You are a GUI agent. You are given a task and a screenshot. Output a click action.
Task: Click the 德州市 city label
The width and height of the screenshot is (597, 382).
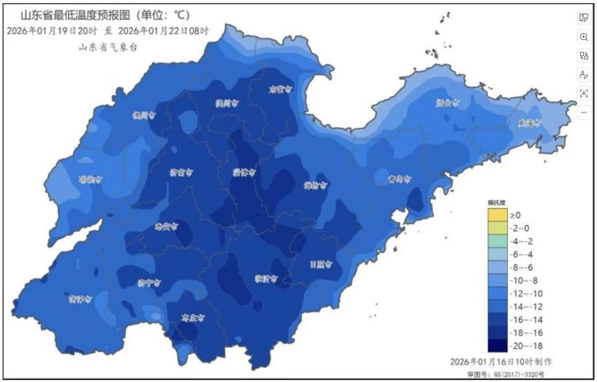tap(144, 115)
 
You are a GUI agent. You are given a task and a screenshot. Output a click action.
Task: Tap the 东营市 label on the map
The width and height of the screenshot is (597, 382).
tap(280, 89)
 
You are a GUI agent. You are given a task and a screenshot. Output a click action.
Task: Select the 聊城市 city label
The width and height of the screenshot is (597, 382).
tap(91, 180)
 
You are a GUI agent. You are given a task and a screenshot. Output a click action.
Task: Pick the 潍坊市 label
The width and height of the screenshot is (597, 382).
tap(316, 185)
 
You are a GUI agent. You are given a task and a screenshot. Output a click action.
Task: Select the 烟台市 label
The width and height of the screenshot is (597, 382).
tap(448, 103)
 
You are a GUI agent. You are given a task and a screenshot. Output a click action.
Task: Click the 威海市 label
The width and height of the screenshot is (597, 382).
tap(530, 123)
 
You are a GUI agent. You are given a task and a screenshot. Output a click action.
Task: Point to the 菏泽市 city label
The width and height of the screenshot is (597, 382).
tap(81, 299)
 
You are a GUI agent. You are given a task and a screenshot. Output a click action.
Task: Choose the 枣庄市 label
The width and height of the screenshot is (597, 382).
tap(193, 317)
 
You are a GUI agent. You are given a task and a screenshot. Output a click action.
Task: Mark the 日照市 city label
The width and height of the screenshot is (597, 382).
tap(322, 264)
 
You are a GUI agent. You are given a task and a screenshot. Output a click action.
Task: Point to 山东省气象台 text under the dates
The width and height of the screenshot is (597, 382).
tap(108, 47)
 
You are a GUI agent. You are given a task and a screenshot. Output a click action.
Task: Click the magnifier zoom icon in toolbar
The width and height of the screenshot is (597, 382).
tap(584, 37)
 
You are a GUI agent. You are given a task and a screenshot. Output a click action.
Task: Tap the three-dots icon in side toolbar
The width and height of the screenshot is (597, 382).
tap(584, 112)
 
